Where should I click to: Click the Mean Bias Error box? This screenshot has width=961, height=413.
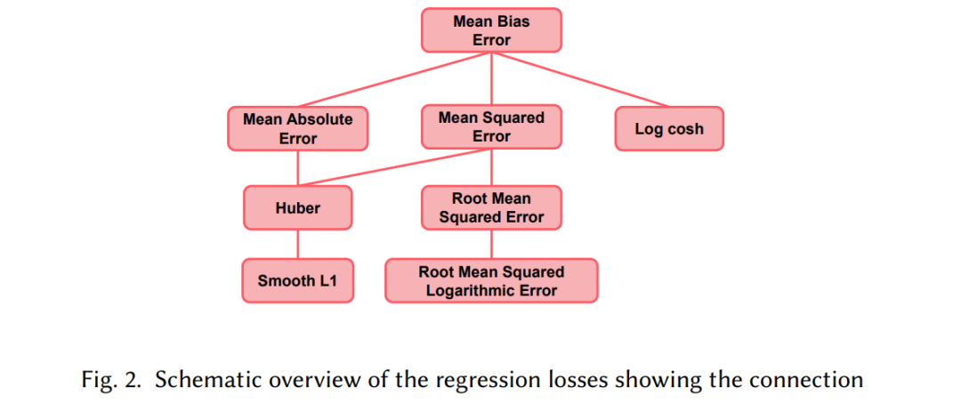coord(491,30)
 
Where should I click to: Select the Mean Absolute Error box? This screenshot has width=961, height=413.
coord(298,129)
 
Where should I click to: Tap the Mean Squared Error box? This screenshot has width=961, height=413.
coord(491,127)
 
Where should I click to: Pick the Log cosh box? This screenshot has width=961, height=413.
coord(669,129)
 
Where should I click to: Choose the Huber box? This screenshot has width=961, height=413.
coord(298,207)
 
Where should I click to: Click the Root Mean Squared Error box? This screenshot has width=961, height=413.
coord(491,207)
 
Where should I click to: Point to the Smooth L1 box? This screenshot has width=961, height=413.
coord(298,280)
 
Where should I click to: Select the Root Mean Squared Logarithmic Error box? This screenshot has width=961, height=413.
coord(491,280)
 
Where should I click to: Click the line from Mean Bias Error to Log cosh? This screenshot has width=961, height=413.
coord(580,79)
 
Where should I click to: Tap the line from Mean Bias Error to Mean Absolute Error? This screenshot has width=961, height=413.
coord(395,79)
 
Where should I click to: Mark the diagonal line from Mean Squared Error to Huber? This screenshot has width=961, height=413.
coord(395,167)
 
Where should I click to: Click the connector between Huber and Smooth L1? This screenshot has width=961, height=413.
coord(298,245)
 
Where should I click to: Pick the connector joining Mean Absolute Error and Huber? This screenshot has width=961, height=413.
coord(298,168)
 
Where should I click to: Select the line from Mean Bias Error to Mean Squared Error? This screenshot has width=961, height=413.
coord(491,79)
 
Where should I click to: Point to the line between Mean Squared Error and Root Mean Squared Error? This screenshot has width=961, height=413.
coord(491,167)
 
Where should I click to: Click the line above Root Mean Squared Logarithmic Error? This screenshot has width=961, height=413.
coord(491,245)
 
